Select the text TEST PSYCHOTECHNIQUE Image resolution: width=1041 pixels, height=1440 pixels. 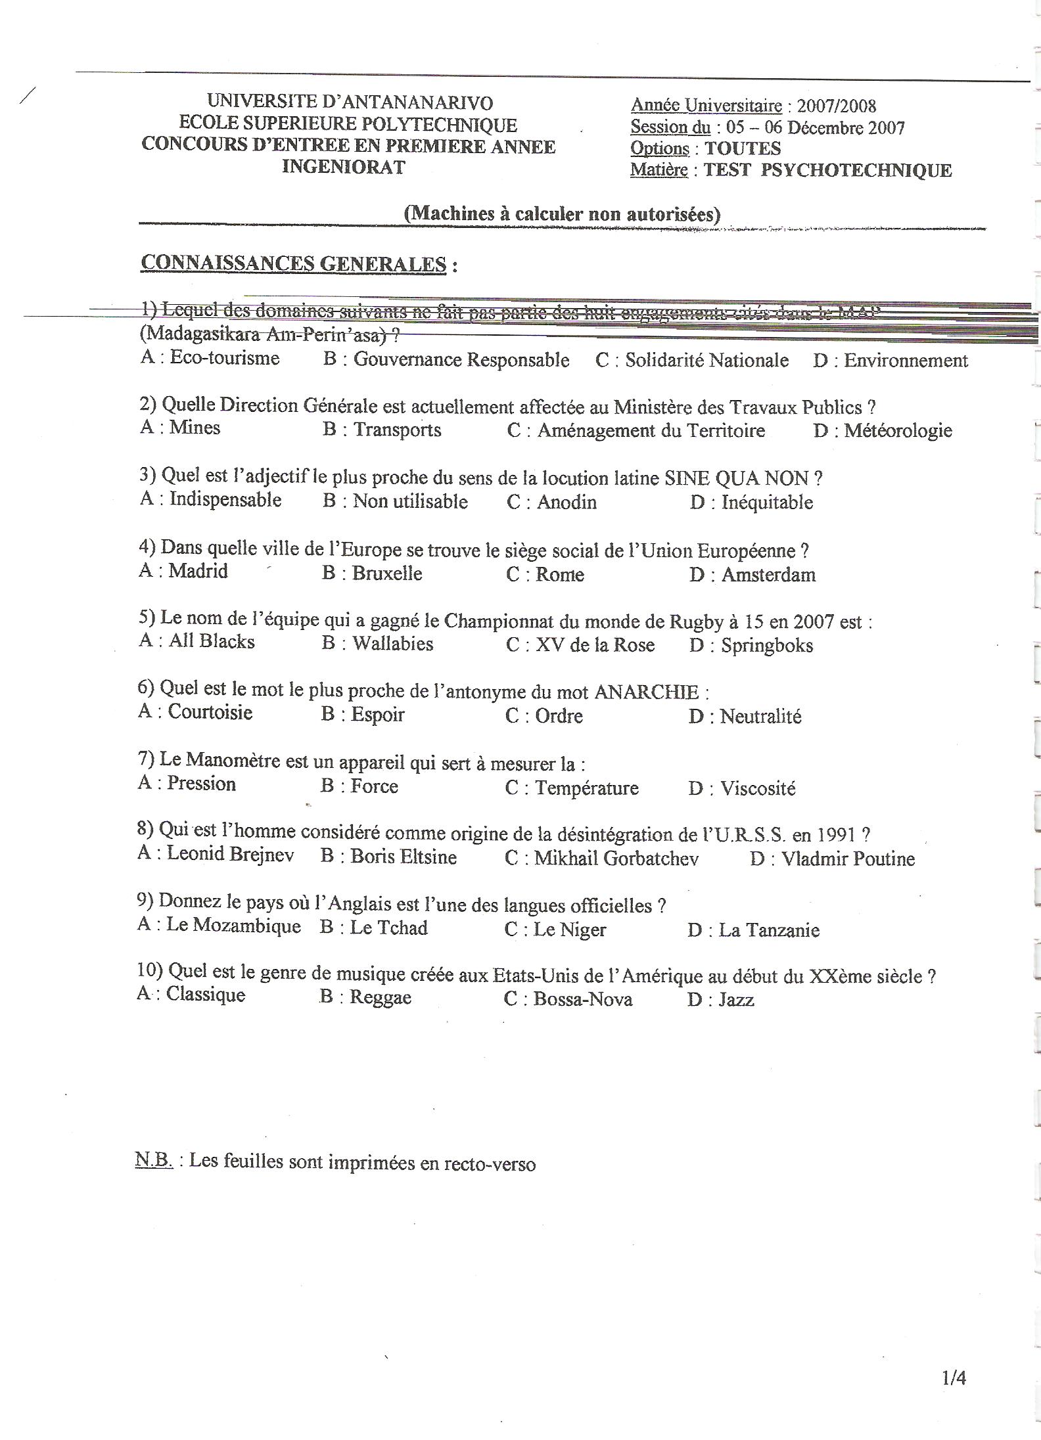[x=827, y=170]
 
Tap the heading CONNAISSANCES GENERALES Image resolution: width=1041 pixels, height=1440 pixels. [x=294, y=263]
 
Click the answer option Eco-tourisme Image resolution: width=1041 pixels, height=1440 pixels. [x=224, y=358]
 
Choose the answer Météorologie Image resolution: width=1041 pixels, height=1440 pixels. [x=898, y=431]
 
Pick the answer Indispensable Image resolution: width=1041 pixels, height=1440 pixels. [x=225, y=499]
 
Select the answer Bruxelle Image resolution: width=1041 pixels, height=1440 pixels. [x=386, y=573]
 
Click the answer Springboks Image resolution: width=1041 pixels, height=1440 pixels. [x=766, y=646]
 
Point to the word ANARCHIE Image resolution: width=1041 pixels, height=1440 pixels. [x=647, y=692]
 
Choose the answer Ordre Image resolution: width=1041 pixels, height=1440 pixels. [x=559, y=715]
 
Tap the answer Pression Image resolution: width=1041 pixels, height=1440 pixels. [x=201, y=784]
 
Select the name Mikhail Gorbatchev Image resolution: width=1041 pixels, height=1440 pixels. [x=616, y=859]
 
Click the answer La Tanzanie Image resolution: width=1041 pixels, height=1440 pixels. [x=769, y=930]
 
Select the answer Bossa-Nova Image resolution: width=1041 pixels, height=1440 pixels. [x=582, y=1000]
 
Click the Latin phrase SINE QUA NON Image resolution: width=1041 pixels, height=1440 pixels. [x=737, y=478]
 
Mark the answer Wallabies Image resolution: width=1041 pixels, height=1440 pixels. [x=392, y=643]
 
